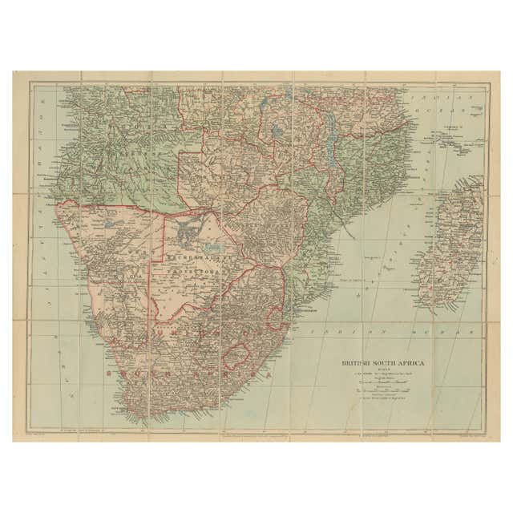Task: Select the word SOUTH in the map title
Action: pyautogui.click(x=394, y=363)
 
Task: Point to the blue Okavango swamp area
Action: pyautogui.click(x=192, y=232)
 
